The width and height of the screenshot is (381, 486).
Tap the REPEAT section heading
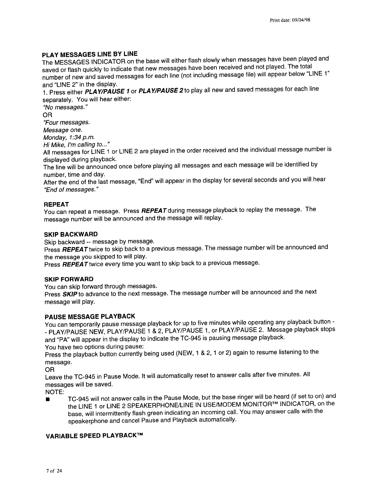point(56,205)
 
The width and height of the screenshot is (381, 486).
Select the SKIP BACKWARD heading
point(71,234)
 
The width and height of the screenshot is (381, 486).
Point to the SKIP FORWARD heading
point(69,279)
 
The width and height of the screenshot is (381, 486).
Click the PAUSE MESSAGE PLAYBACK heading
point(90,316)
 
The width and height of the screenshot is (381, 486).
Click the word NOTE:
point(55,392)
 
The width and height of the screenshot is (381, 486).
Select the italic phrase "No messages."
point(65,107)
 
